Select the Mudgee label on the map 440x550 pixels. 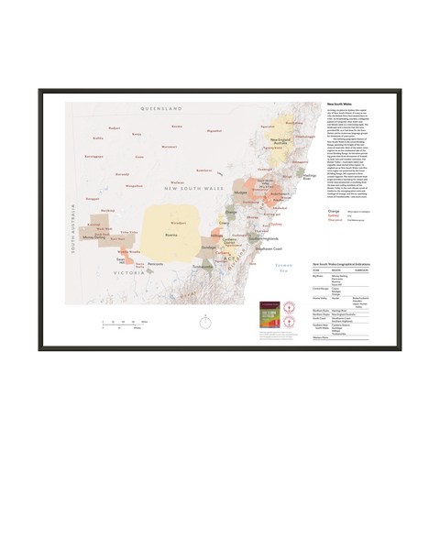tap(242, 193)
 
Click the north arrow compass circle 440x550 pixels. tap(208, 322)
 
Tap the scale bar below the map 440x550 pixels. tap(126, 322)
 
